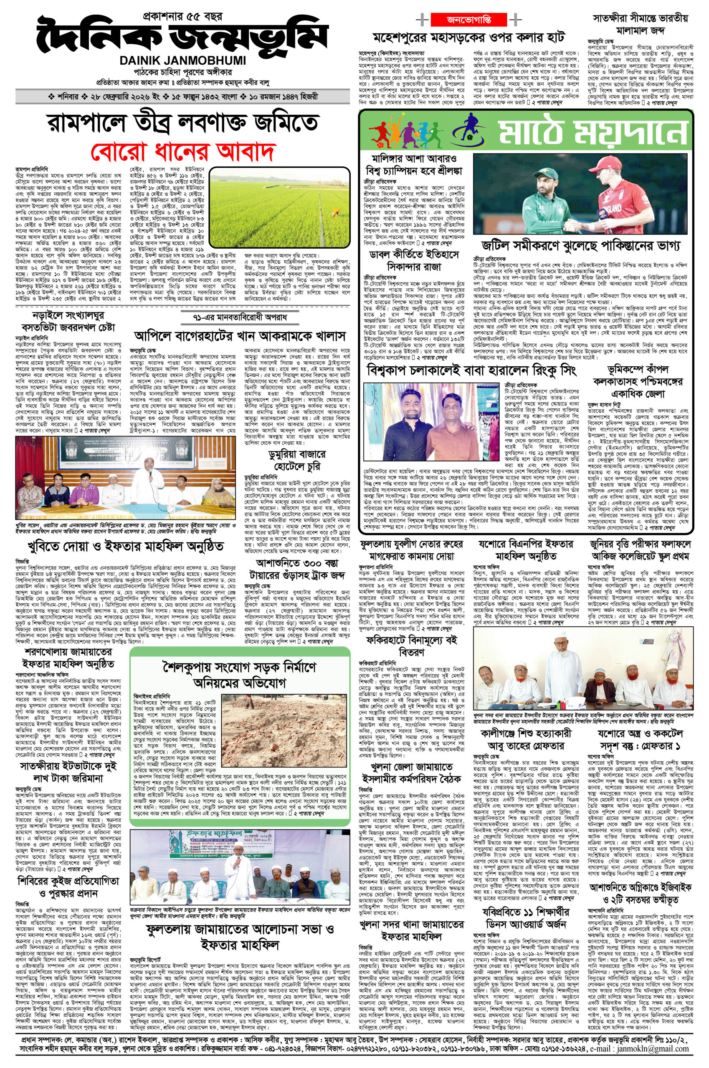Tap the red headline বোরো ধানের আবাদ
click(x=184, y=151)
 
